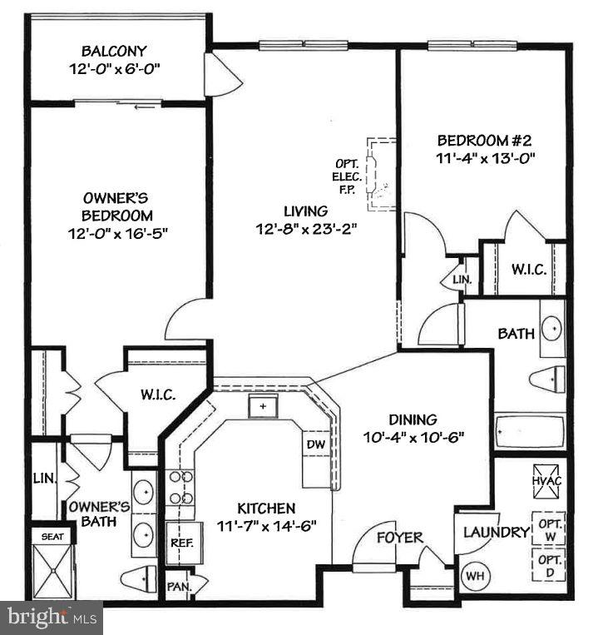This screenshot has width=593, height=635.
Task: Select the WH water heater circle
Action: coord(472,574)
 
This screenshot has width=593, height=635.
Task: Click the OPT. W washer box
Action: coord(549,528)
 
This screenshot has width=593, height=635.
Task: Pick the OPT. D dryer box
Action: coord(549,568)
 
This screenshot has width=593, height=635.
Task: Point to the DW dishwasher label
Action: coord(315,444)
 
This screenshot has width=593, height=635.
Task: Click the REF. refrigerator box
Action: coord(180,542)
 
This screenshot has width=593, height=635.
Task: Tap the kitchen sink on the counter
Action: coord(263,406)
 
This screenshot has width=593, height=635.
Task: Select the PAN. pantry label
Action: coord(176,584)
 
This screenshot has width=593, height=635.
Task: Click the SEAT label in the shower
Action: coord(52,537)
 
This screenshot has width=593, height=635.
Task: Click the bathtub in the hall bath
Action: coord(529,432)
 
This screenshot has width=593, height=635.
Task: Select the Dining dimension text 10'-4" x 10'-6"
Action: coord(413,436)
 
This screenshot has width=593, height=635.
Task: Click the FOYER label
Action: coord(399,537)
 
